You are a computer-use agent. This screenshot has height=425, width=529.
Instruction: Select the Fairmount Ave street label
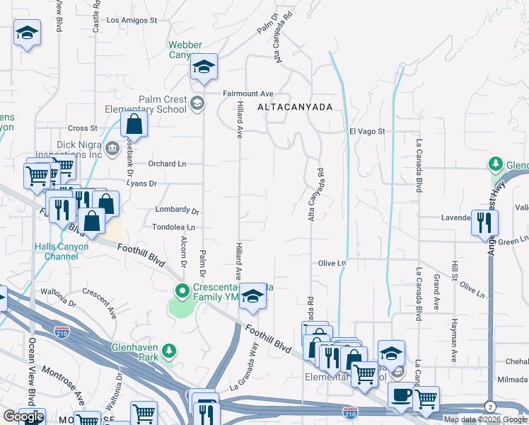tap(248, 93)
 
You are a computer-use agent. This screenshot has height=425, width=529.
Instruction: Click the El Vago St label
tap(367, 132)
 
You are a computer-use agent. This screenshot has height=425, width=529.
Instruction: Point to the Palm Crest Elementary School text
tap(152, 104)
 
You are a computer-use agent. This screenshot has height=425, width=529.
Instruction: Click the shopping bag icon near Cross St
tap(134, 125)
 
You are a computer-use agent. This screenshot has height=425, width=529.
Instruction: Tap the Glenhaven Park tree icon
tap(168, 351)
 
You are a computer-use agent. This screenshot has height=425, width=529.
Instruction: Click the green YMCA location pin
tap(182, 290)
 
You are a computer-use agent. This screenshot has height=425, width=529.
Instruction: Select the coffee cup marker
tap(402, 395)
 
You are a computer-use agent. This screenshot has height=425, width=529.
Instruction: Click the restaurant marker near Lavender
tap(484, 221)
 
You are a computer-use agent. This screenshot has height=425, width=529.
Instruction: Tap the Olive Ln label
tap(332, 263)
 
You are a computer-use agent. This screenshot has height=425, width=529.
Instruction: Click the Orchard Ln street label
tap(167, 164)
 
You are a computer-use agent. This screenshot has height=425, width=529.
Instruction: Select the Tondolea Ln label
tap(173, 227)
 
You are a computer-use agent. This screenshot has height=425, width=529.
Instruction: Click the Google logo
tap(24, 417)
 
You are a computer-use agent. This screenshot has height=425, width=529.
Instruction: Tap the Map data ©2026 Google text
tap(485, 419)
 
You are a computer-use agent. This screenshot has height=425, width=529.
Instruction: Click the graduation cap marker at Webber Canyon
tap(204, 67)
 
